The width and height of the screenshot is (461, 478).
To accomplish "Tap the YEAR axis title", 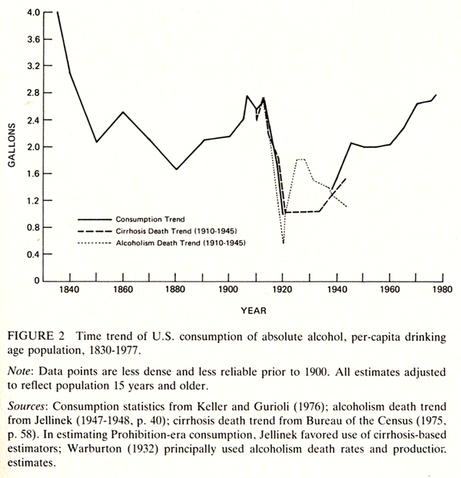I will point(249,312).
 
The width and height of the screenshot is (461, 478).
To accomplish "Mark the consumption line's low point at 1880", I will point(176,169).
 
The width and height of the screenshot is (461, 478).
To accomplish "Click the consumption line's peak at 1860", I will point(123,112).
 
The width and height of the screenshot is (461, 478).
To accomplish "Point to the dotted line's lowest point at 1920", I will point(283,244).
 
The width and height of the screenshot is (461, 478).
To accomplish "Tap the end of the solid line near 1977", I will point(436,95).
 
